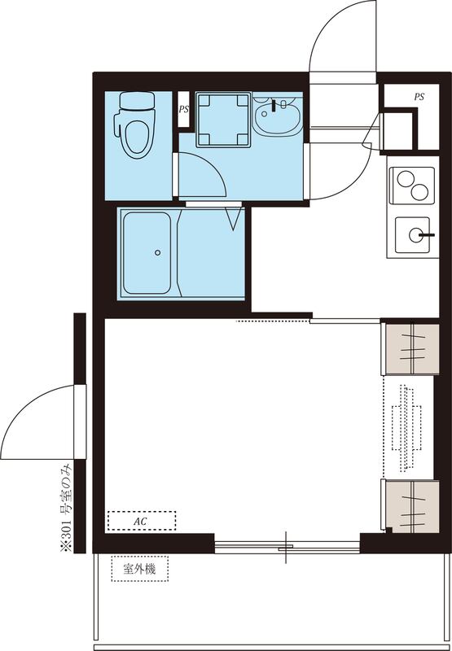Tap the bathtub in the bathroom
pyautogui.click(x=146, y=253)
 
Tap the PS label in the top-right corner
pyautogui.click(x=419, y=97)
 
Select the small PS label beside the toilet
pyautogui.click(x=183, y=107)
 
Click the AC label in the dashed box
pyautogui.click(x=140, y=519)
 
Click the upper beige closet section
pyautogui.click(x=410, y=347)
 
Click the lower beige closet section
pyautogui.click(x=410, y=505)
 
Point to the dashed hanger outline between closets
pyautogui.click(x=406, y=427)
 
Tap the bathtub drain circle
pyautogui.click(x=157, y=253)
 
